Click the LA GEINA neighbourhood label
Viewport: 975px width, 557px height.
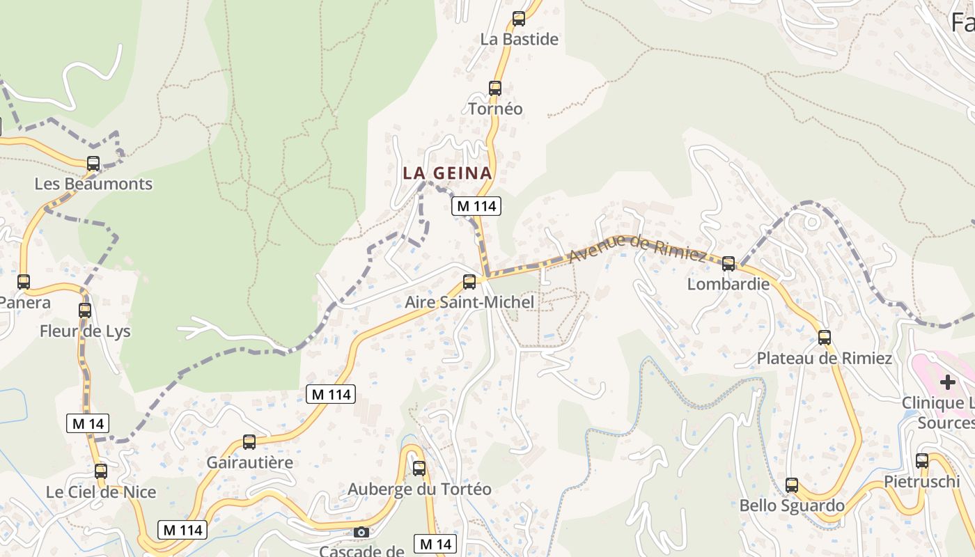[447, 173]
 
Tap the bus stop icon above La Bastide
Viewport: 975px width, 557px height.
[519, 19]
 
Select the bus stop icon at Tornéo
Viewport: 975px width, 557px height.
[495, 88]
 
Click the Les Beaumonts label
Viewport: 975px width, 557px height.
[93, 184]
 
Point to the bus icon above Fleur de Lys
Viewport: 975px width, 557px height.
[85, 311]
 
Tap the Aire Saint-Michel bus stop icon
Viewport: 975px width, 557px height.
[469, 282]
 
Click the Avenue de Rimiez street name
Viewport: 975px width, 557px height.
[637, 248]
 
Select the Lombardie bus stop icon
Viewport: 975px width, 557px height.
[728, 264]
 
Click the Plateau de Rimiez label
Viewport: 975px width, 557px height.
[825, 359]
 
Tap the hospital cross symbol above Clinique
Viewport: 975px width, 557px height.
[947, 382]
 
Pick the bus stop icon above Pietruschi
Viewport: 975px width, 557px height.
[922, 461]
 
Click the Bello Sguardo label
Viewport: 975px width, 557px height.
[792, 505]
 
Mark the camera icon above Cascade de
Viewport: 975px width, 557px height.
[361, 533]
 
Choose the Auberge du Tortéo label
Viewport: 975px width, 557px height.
[419, 489]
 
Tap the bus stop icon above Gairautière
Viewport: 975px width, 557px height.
[249, 442]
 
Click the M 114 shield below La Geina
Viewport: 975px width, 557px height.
[476, 206]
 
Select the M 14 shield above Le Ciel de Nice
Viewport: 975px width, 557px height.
[88, 423]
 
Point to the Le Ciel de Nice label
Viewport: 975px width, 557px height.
[101, 492]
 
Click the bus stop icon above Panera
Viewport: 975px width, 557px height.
[24, 282]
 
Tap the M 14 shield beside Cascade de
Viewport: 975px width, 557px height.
[435, 544]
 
